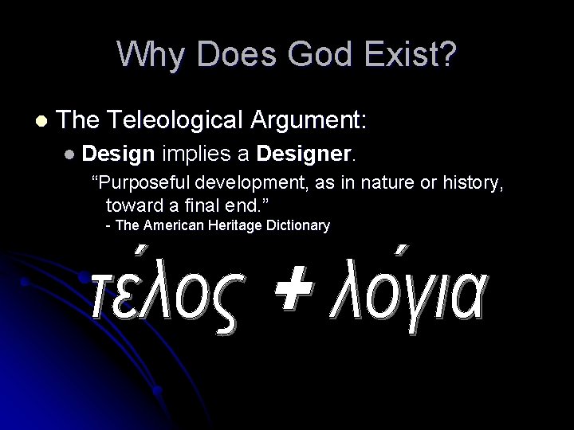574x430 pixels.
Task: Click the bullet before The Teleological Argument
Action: click(41, 122)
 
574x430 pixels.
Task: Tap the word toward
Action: click(132, 205)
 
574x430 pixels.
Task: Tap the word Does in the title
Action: click(235, 54)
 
